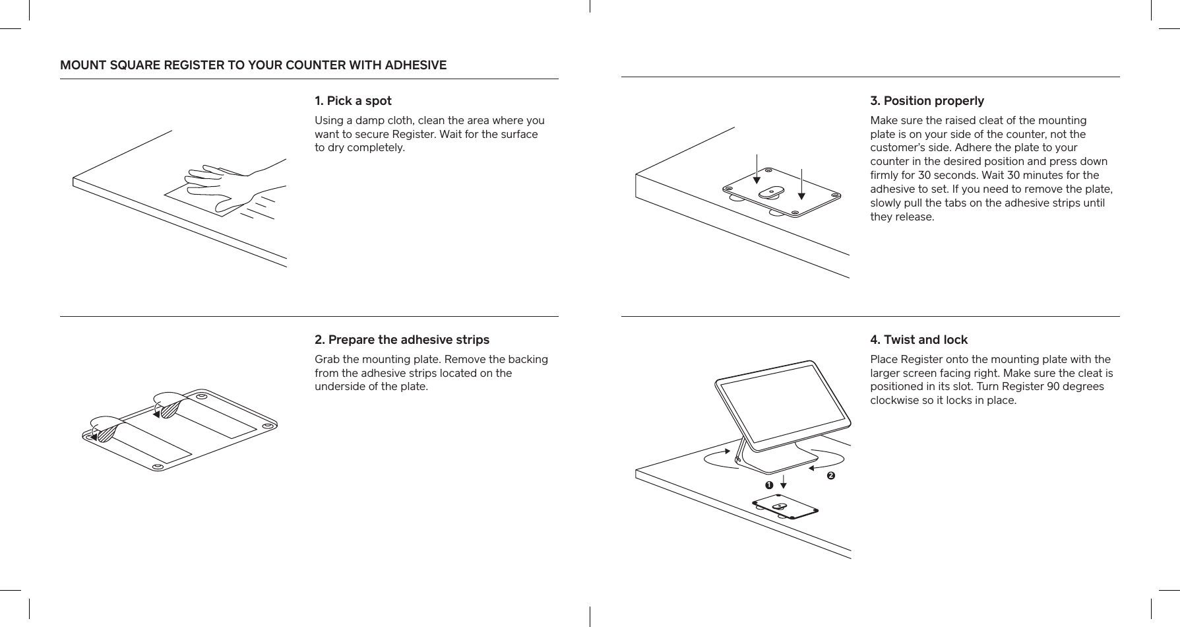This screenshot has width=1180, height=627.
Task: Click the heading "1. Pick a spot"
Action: click(353, 101)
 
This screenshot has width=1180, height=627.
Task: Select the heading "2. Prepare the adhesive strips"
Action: click(402, 340)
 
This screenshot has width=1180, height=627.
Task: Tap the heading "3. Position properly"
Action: click(927, 101)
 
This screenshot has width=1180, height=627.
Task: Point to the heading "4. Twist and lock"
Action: click(919, 340)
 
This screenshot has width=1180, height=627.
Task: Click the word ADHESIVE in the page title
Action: click(416, 65)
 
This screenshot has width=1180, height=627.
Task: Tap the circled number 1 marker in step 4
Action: click(768, 485)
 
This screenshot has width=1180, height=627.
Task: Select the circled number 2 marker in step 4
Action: click(830, 475)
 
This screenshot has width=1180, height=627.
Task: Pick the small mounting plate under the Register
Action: click(785, 508)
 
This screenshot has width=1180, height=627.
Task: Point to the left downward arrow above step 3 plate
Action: click(757, 168)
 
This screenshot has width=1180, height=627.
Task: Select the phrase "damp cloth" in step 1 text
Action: click(378, 120)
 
